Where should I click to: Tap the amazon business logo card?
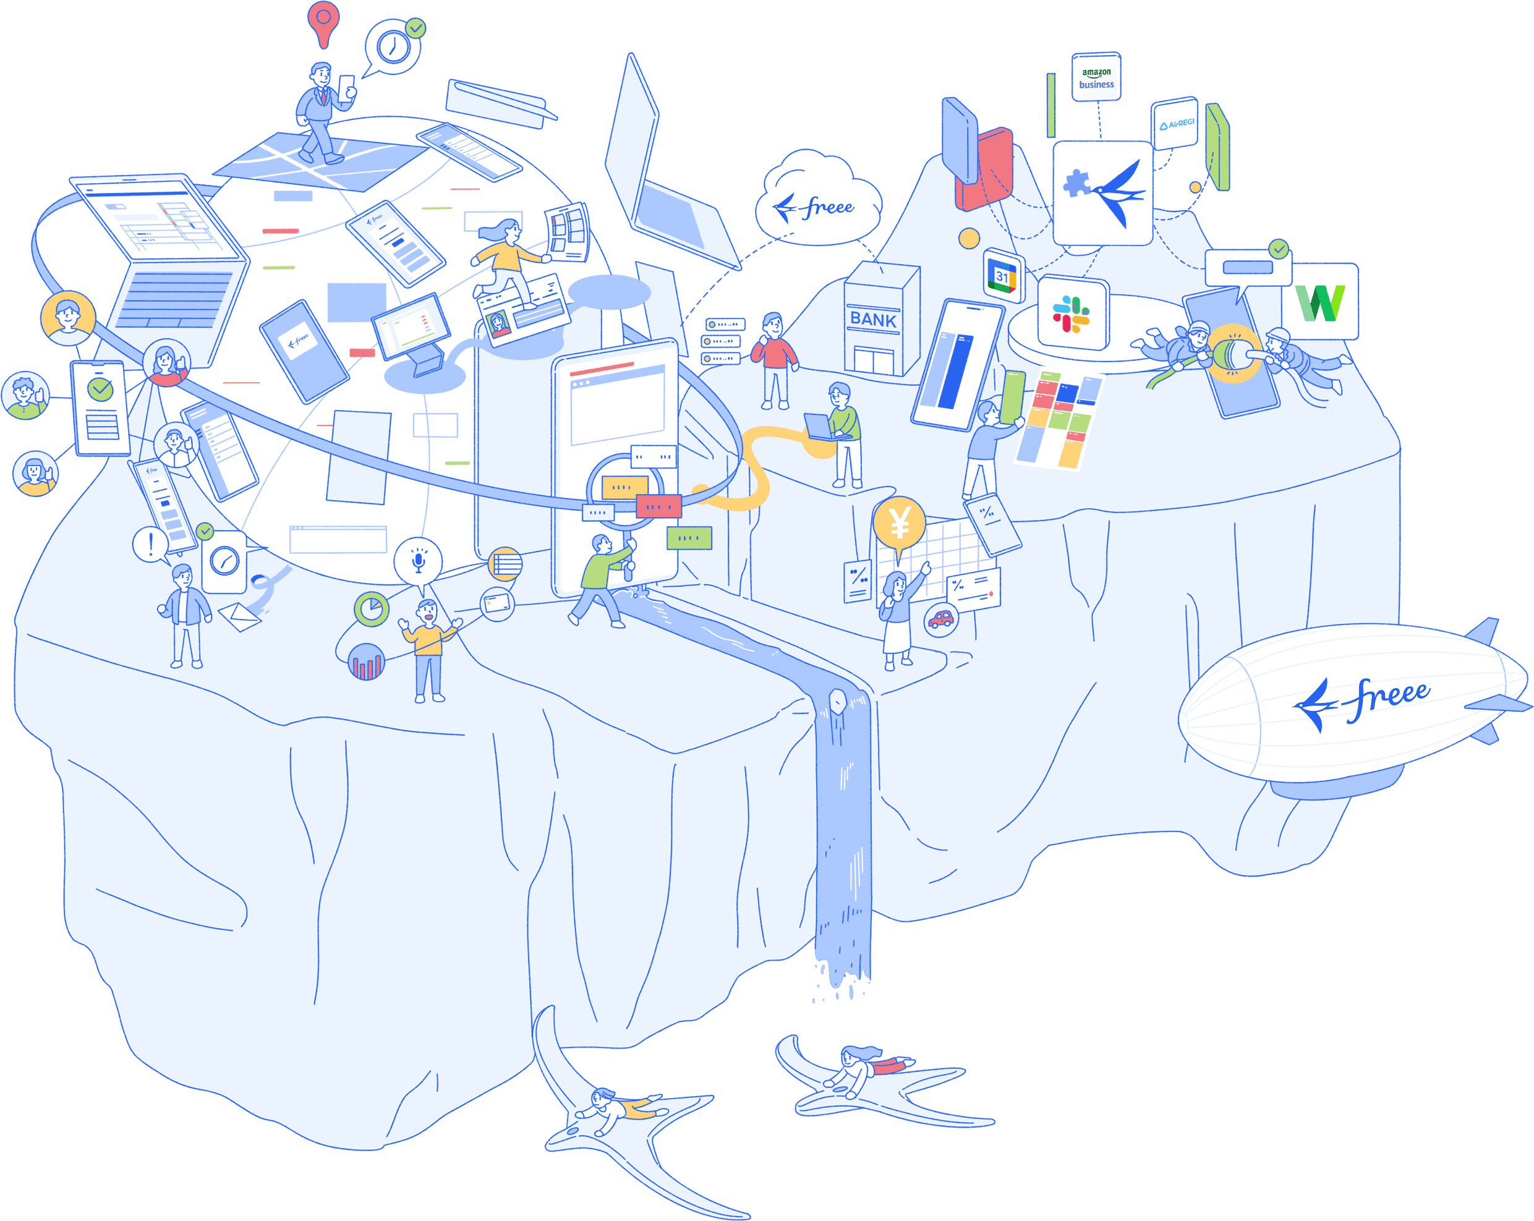1096,77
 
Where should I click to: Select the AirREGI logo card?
1175,124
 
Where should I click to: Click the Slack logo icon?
1072,315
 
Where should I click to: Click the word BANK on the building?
873,320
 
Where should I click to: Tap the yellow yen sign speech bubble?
900,524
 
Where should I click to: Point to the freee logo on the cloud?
816,207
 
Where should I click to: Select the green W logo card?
1320,302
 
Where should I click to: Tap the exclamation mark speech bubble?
150,545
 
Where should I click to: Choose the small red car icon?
940,619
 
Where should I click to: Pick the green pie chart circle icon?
372,609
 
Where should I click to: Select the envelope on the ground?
241,616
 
